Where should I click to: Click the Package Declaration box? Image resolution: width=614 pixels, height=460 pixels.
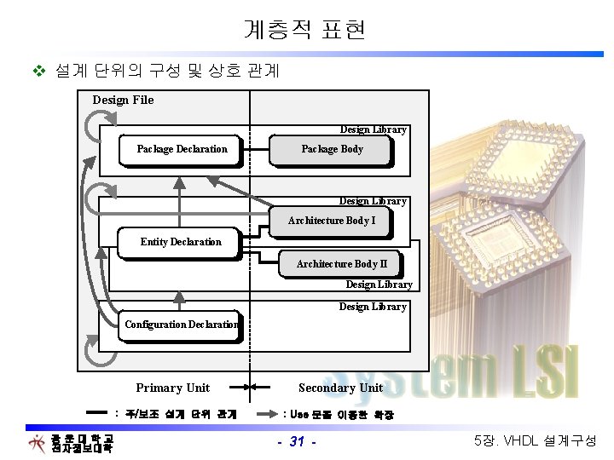182,150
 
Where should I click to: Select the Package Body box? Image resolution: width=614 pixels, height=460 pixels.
332,150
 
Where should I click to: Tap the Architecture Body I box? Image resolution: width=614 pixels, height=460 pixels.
331,221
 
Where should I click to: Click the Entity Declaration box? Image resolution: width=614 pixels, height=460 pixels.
181,242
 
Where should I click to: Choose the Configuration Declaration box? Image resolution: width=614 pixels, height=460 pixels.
181,325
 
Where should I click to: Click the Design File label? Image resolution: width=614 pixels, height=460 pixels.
123,100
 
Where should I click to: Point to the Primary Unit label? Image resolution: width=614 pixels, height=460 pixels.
172,388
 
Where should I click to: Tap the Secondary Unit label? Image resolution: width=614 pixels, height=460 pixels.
340,388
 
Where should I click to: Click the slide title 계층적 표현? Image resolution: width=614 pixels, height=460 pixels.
304,31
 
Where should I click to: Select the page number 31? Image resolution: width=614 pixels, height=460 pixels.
297,441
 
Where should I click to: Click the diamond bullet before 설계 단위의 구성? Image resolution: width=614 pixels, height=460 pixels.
37,70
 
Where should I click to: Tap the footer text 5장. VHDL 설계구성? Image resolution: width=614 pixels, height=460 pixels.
535,441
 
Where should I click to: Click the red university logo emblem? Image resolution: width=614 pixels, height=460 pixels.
37,443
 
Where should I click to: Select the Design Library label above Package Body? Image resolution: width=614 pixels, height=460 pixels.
373,129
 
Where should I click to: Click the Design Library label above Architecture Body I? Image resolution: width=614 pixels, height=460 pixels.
373,201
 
